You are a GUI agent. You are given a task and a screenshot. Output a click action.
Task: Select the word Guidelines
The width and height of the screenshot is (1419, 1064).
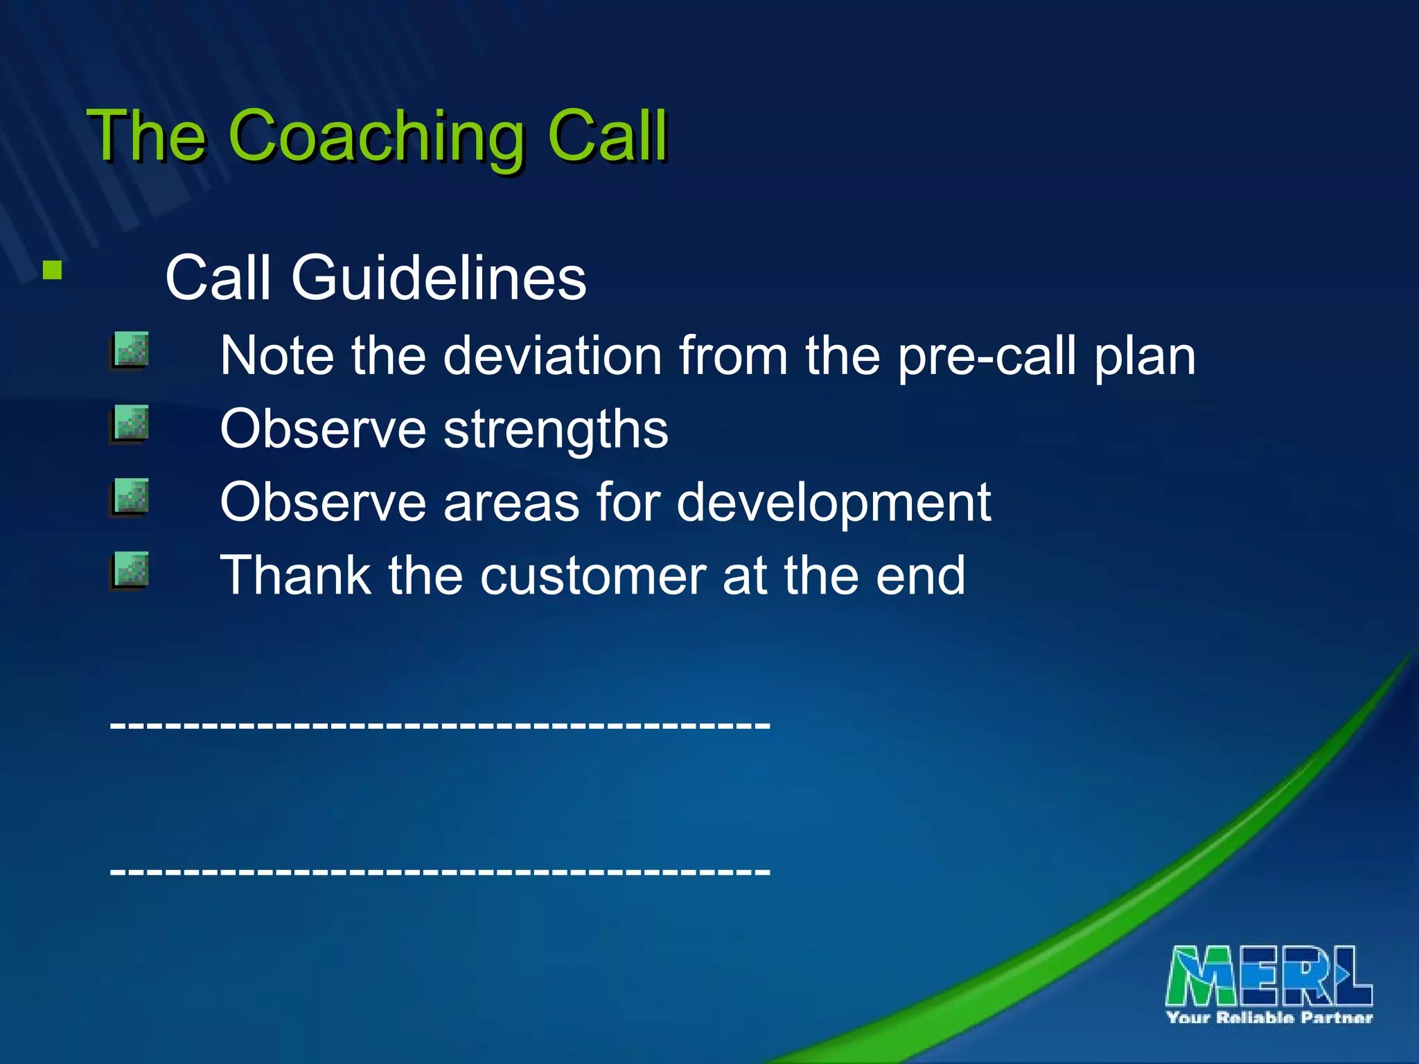[438, 278]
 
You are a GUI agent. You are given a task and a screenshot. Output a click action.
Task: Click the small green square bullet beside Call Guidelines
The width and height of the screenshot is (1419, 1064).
[52, 269]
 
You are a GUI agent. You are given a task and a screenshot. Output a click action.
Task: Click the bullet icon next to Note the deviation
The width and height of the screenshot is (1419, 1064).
[130, 351]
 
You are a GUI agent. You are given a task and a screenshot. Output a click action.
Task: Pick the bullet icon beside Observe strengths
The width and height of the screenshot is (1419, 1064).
[130, 424]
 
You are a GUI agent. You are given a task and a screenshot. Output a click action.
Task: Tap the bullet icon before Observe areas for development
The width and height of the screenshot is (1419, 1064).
[130, 497]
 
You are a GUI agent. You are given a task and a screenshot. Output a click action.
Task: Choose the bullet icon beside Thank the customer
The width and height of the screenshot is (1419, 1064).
[130, 570]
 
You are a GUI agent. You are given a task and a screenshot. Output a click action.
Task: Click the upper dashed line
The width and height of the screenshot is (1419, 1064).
[440, 725]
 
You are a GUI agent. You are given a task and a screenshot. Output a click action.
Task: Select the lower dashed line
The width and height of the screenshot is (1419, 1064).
[440, 871]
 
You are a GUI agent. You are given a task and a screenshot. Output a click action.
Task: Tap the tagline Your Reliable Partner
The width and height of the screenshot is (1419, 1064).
[1269, 1018]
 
